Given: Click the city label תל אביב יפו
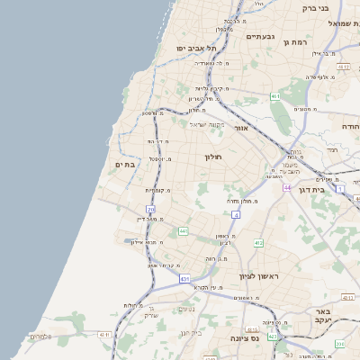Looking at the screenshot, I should (193, 48).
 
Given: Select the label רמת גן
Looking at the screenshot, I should (294, 41).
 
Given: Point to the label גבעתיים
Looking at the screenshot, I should (259, 36).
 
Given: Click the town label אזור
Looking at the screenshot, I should (240, 128).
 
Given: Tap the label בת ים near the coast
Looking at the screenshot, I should (124, 165).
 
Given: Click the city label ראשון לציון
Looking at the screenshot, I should (256, 275).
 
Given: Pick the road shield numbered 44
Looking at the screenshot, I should (286, 188).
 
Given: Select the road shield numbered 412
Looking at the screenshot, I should (257, 242).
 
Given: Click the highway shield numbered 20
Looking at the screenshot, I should (150, 210).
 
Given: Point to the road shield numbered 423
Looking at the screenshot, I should (273, 335).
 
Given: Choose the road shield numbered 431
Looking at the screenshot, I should (184, 279).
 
